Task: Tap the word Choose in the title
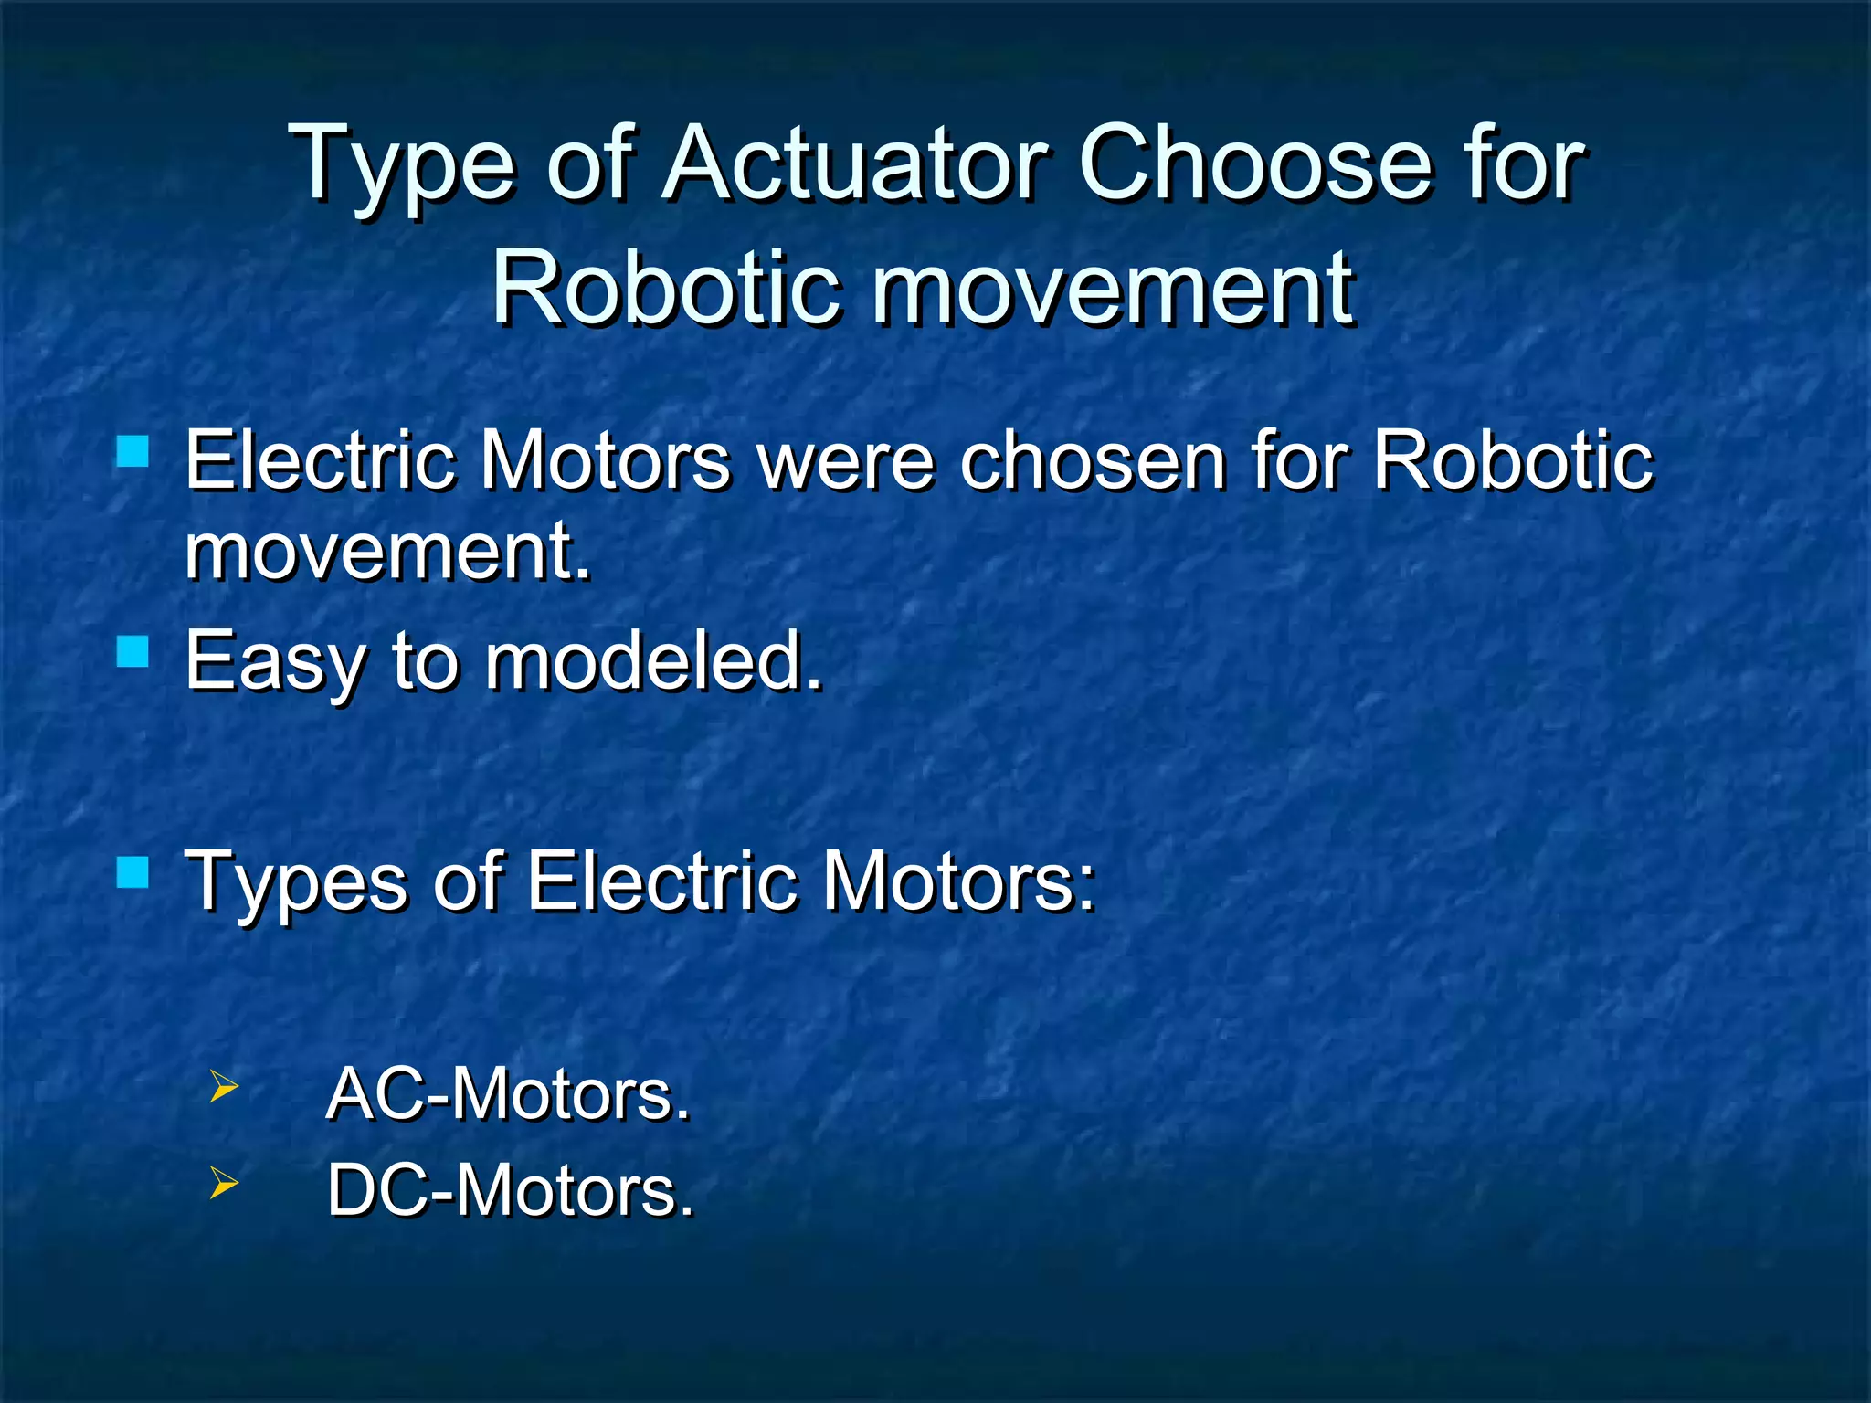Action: (x=1256, y=164)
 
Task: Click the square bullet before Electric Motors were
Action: (x=133, y=451)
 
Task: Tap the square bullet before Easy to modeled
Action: (x=133, y=652)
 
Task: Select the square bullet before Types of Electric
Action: (x=133, y=872)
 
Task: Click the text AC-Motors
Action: (x=508, y=1094)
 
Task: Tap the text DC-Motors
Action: (x=510, y=1191)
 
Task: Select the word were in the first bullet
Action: (x=846, y=461)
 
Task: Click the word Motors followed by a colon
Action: (x=958, y=881)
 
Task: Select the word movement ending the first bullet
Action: (x=387, y=552)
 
